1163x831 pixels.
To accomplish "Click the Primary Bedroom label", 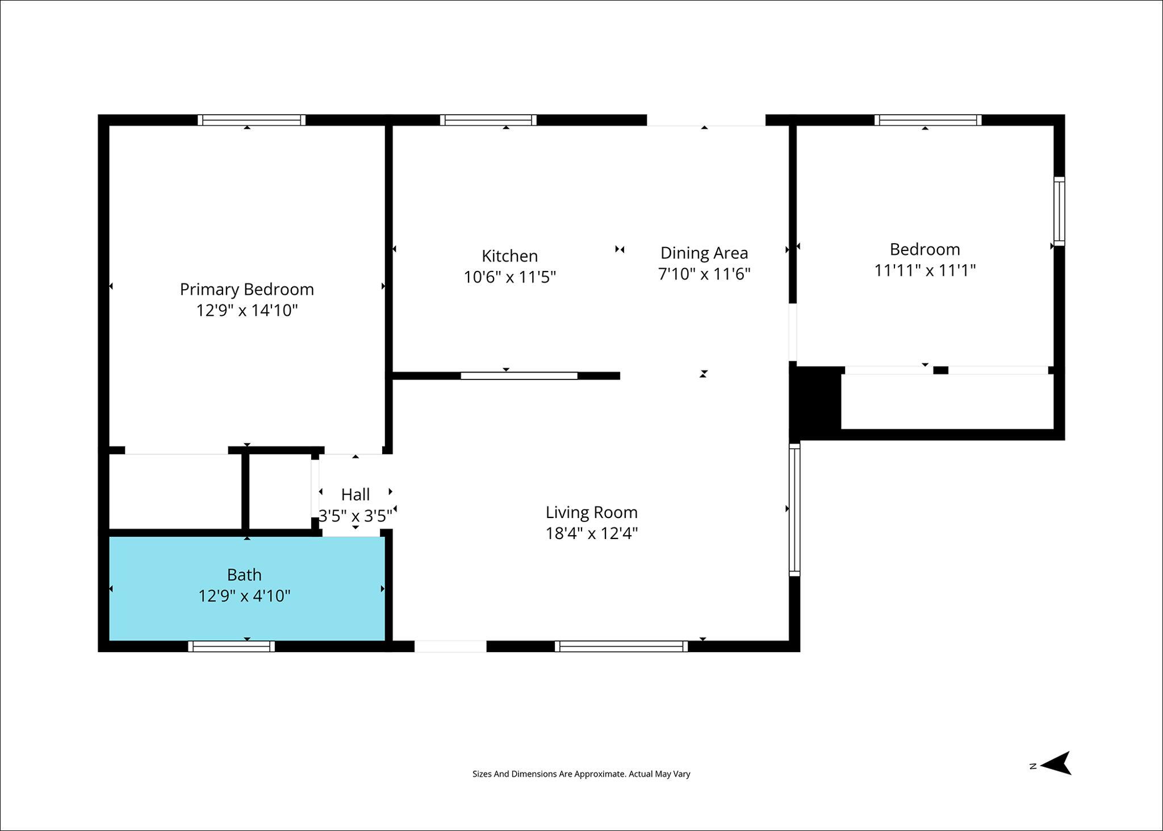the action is coord(246,289).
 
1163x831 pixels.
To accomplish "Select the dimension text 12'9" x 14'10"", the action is coord(247,311).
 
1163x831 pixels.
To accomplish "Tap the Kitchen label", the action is coord(509,256).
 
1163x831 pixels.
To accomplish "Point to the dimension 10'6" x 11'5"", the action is coord(509,277).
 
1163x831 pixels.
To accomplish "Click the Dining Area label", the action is coord(704,253).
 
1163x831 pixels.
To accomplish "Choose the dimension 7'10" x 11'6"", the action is coord(704,274).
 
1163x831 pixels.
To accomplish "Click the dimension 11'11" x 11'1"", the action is coord(924,270).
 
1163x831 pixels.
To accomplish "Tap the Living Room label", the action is coord(592,512).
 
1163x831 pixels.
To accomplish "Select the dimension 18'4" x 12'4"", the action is coord(592,534).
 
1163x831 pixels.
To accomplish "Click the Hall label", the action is coord(355,495).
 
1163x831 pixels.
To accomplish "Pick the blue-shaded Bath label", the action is coord(244,575).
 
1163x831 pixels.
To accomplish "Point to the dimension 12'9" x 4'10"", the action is coord(244,596).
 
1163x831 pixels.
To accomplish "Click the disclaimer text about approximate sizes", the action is coord(581,774).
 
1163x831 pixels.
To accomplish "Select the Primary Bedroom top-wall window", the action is coord(252,120).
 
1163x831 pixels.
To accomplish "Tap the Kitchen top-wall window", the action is coord(488,120).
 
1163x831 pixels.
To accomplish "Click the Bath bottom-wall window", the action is coord(231,646).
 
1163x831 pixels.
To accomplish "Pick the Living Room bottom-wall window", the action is coord(621,646).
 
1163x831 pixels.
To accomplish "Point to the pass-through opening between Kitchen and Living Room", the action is coord(519,375).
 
